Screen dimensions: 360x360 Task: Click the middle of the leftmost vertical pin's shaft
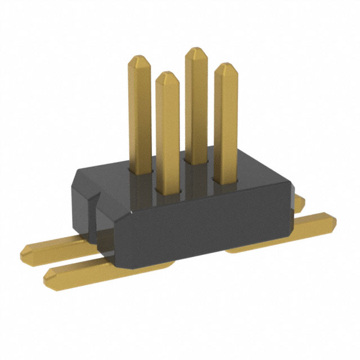[x=139, y=112]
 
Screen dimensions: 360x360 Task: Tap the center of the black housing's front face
[x=202, y=231]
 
